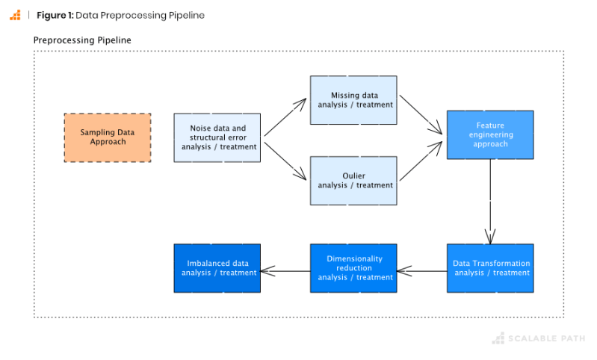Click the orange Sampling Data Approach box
click(108, 137)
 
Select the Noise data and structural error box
click(217, 137)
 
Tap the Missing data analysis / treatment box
click(353, 100)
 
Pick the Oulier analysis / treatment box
click(353, 181)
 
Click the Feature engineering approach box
click(490, 134)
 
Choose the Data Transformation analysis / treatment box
click(490, 268)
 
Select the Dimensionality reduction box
click(353, 268)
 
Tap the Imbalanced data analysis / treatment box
click(217, 268)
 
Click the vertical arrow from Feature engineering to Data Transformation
click(490, 202)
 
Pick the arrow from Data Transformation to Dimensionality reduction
click(422, 270)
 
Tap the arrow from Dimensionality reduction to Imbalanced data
click(285, 270)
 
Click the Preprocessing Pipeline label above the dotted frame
click(82, 40)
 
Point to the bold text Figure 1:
click(55, 15)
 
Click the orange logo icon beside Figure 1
click(15, 15)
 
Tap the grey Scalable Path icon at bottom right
click(498, 339)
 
